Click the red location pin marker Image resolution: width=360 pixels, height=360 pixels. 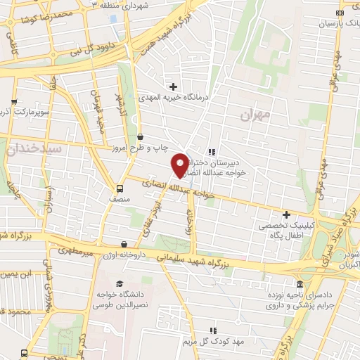pos(180,165)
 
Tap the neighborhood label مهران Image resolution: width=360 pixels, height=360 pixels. pos(254,114)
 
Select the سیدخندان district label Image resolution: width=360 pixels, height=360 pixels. pos(34,149)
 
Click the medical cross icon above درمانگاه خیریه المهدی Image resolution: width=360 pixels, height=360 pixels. pos(173,86)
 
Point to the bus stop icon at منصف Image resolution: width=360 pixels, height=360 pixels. pos(120,188)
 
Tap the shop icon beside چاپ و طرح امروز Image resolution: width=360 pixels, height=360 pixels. pos(141,136)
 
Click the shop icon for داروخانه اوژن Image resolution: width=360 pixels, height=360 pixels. pos(124,245)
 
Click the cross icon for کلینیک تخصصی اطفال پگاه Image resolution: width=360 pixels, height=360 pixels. pos(286,214)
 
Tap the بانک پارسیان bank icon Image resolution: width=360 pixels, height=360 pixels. pos(340,12)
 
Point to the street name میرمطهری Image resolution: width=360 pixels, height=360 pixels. pos(77,249)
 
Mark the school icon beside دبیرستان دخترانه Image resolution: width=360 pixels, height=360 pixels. pos(211,151)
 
